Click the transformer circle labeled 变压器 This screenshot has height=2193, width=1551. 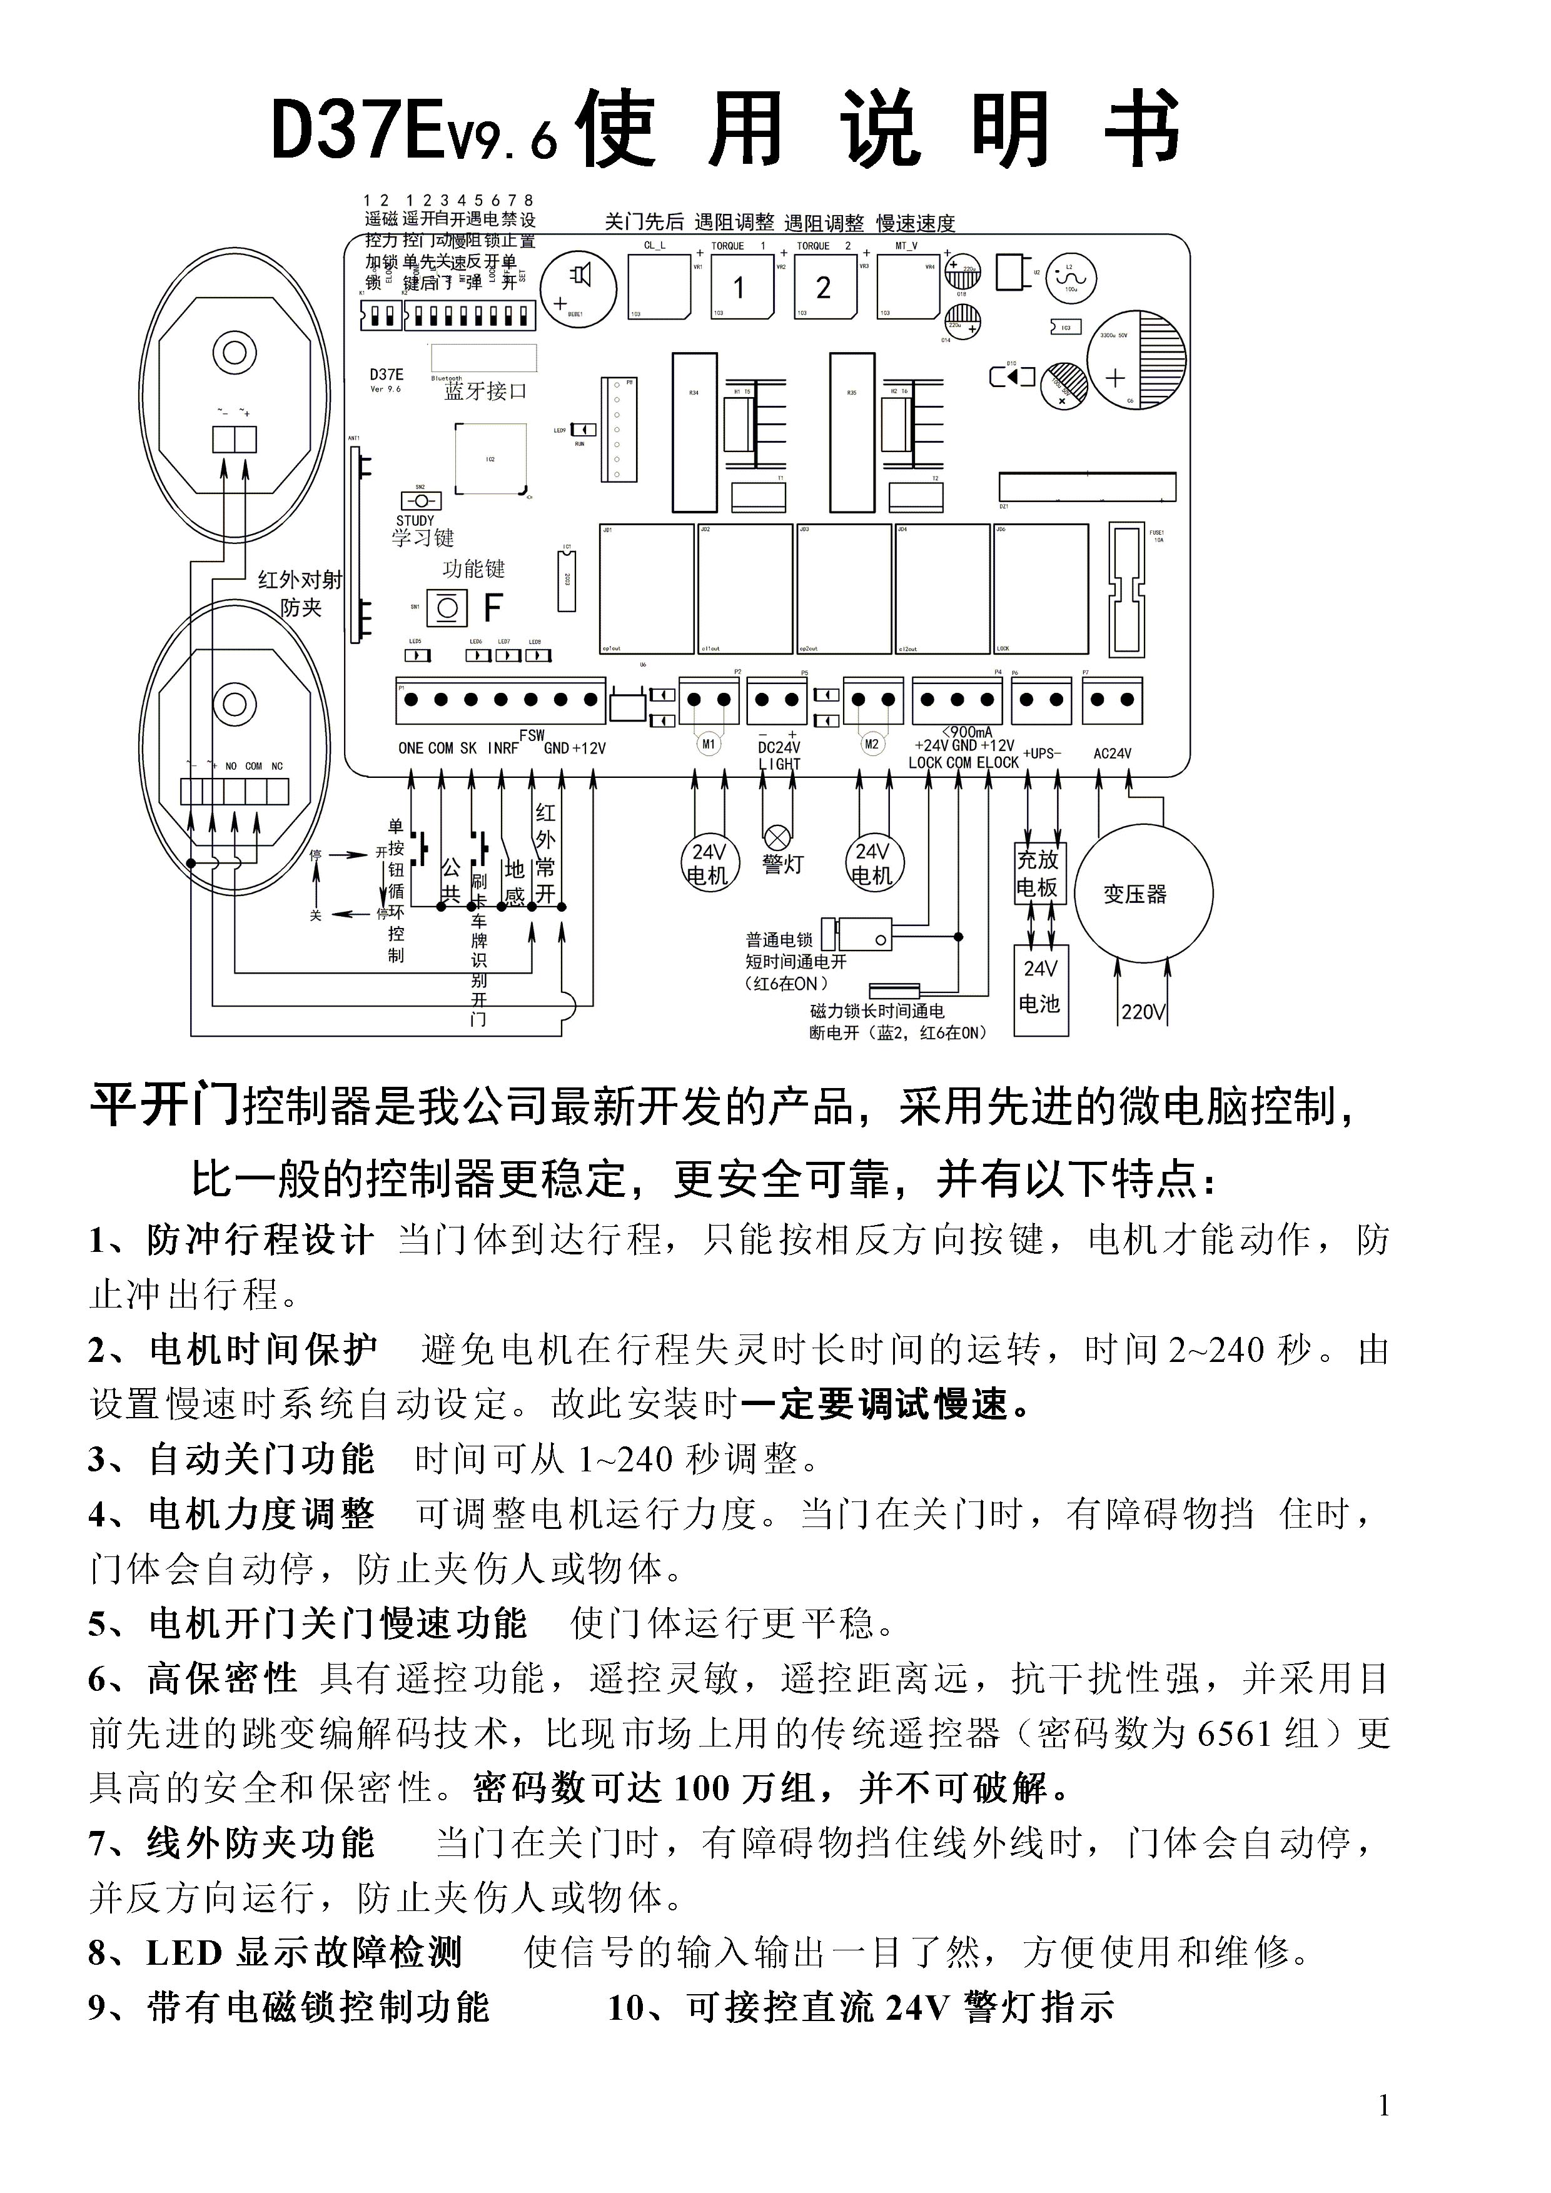coord(1143,894)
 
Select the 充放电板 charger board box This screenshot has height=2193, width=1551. coord(1038,872)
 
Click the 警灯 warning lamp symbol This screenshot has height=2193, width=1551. coord(777,838)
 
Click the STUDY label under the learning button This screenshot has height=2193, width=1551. coord(415,520)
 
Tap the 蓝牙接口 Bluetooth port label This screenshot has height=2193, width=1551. coord(485,391)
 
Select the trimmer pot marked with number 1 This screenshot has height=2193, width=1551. coord(743,286)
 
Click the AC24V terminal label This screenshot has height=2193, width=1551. coord(1112,754)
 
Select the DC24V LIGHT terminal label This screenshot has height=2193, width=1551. coord(779,755)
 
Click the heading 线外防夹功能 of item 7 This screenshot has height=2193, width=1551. coord(261,1843)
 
